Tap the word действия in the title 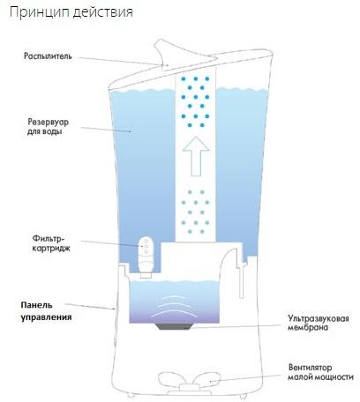pyautogui.click(x=102, y=13)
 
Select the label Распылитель pyautogui.click(x=48, y=56)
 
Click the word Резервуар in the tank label pyautogui.click(x=49, y=122)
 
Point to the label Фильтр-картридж pyautogui.click(x=51, y=243)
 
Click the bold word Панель pyautogui.click(x=36, y=305)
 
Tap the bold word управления pyautogui.click(x=46, y=317)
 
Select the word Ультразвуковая pyautogui.click(x=319, y=318)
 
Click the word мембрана pyautogui.click(x=308, y=327)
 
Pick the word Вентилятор pyautogui.click(x=310, y=368)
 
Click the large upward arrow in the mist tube pyautogui.click(x=196, y=156)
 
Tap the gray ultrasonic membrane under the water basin pyautogui.click(x=174, y=326)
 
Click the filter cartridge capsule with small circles pyautogui.click(x=146, y=255)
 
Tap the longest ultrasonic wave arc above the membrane pyautogui.click(x=174, y=315)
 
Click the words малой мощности pyautogui.click(x=320, y=376)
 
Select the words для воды pyautogui.click(x=45, y=131)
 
